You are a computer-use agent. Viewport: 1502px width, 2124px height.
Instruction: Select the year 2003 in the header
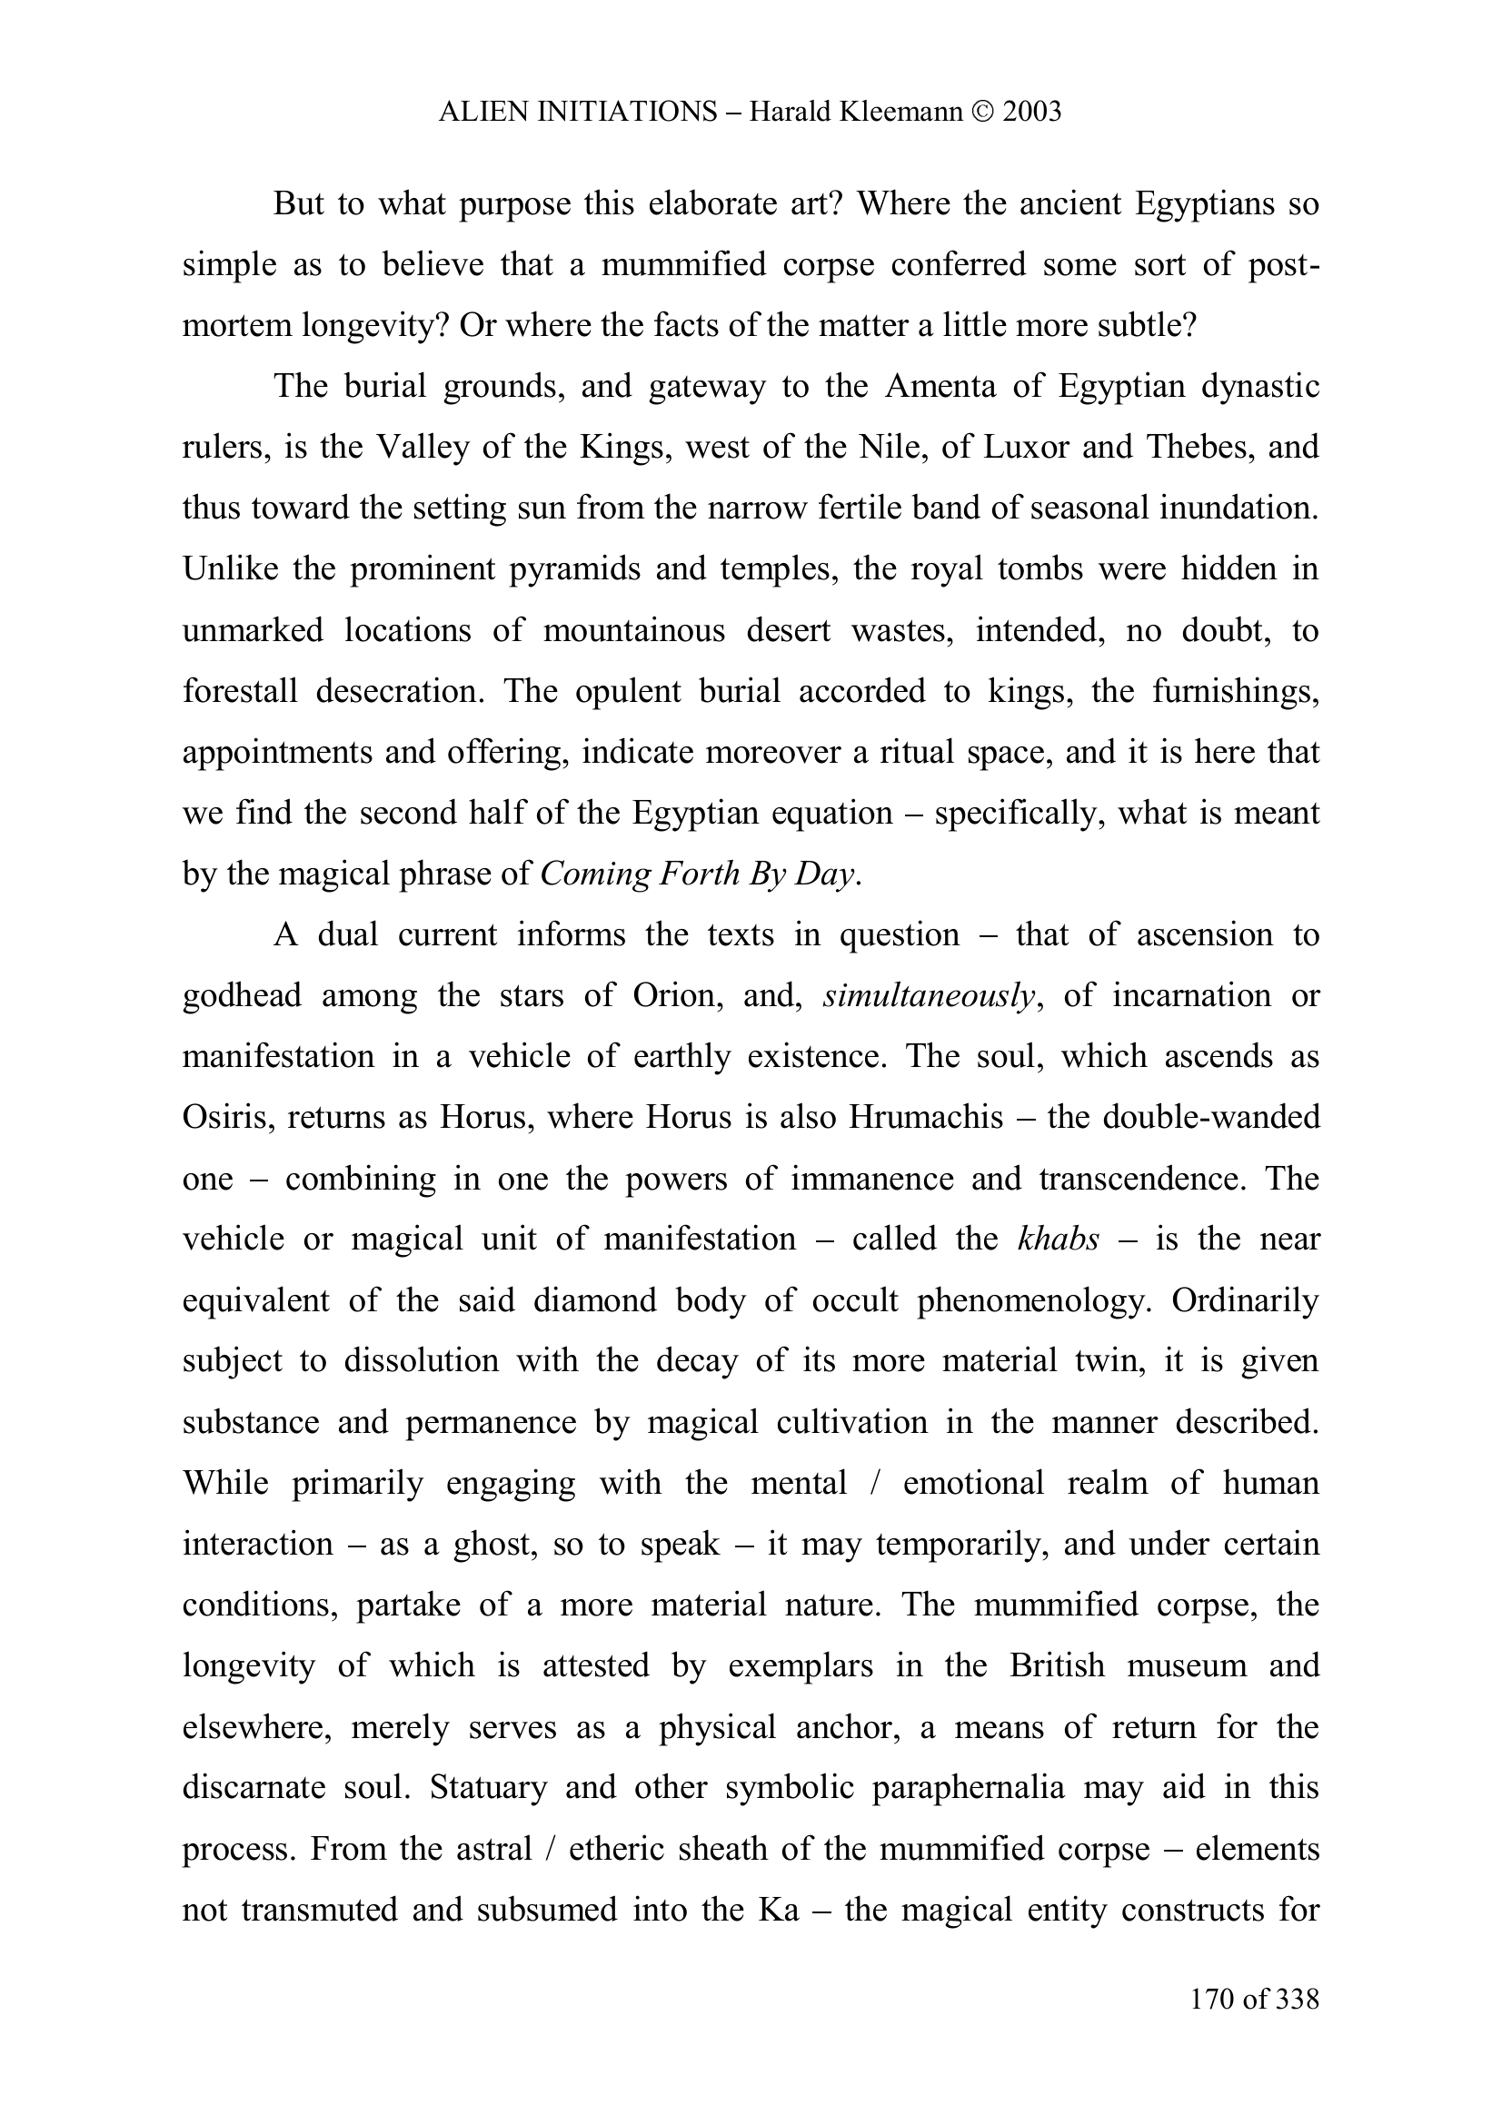pyautogui.click(x=1031, y=112)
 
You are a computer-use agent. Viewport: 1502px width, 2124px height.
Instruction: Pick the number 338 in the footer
pyautogui.click(x=1297, y=2000)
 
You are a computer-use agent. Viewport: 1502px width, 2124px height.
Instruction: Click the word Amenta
pyautogui.click(x=940, y=386)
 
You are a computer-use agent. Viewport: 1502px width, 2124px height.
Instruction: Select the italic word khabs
pyautogui.click(x=1058, y=1239)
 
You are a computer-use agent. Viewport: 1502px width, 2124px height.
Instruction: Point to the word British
pyautogui.click(x=1057, y=1665)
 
